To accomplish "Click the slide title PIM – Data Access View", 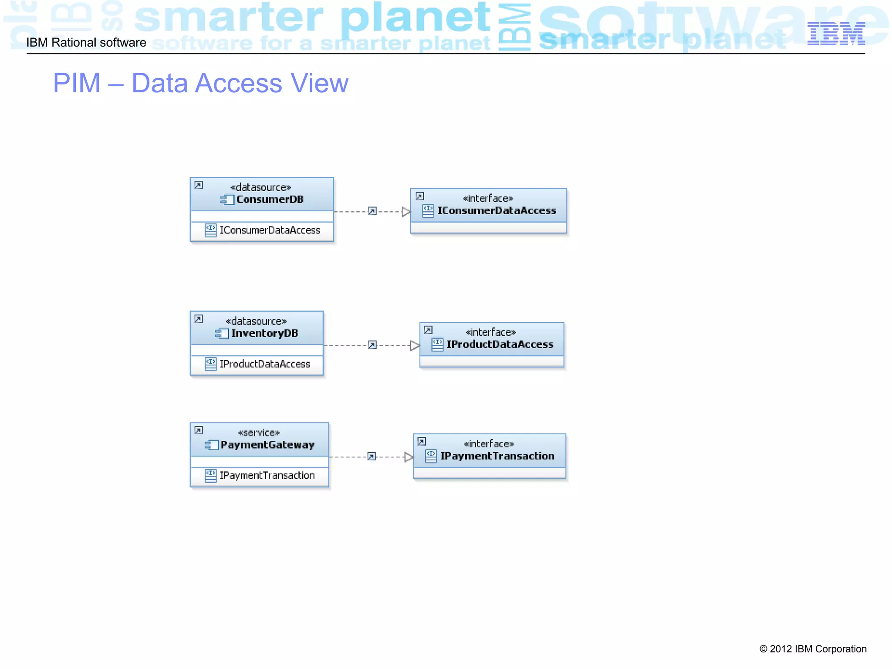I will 201,83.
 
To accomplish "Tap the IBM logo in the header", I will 836,34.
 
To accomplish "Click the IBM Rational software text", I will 86,43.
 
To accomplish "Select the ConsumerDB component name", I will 270,199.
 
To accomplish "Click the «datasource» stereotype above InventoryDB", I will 256,321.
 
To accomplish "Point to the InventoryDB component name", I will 264,333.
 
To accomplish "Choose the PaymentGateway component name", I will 267,445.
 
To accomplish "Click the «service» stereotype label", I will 259,432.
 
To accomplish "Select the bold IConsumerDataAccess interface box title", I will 497,211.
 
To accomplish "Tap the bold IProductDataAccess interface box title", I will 500,345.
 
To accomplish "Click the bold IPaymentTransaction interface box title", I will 497,456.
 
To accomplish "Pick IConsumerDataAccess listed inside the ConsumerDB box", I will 270,230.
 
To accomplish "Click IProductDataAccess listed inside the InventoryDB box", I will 265,364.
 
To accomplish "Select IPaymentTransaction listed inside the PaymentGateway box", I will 267,476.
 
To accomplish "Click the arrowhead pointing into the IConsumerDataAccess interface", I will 406,212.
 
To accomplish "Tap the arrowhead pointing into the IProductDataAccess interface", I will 415,346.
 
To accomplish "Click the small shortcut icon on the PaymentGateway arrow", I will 372,456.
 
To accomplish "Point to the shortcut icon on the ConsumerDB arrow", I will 372,211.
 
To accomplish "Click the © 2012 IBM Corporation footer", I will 813,649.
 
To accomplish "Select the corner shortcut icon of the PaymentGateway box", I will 199,430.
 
